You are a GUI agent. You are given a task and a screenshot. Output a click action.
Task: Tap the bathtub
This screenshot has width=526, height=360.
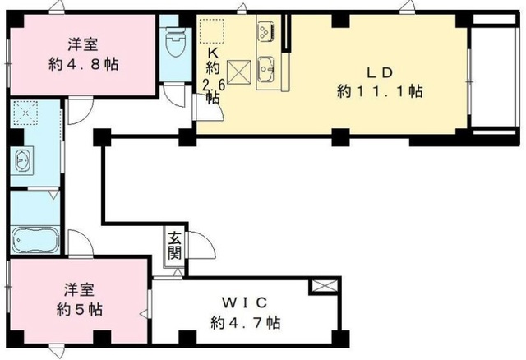(34, 240)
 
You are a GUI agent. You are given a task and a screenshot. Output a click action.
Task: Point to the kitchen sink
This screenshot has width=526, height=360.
(265, 67)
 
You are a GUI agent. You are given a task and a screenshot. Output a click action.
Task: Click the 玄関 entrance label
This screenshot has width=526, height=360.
(174, 245)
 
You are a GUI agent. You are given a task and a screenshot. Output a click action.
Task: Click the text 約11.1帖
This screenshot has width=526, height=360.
(380, 92)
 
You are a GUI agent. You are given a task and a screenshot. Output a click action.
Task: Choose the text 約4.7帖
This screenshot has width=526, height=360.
(246, 322)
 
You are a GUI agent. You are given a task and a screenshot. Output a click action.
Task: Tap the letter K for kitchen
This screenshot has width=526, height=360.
(211, 48)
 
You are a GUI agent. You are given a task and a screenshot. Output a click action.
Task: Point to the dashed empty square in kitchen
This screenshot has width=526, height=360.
(211, 30)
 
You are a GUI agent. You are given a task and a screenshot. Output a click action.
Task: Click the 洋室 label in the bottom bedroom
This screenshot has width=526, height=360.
(80, 290)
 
